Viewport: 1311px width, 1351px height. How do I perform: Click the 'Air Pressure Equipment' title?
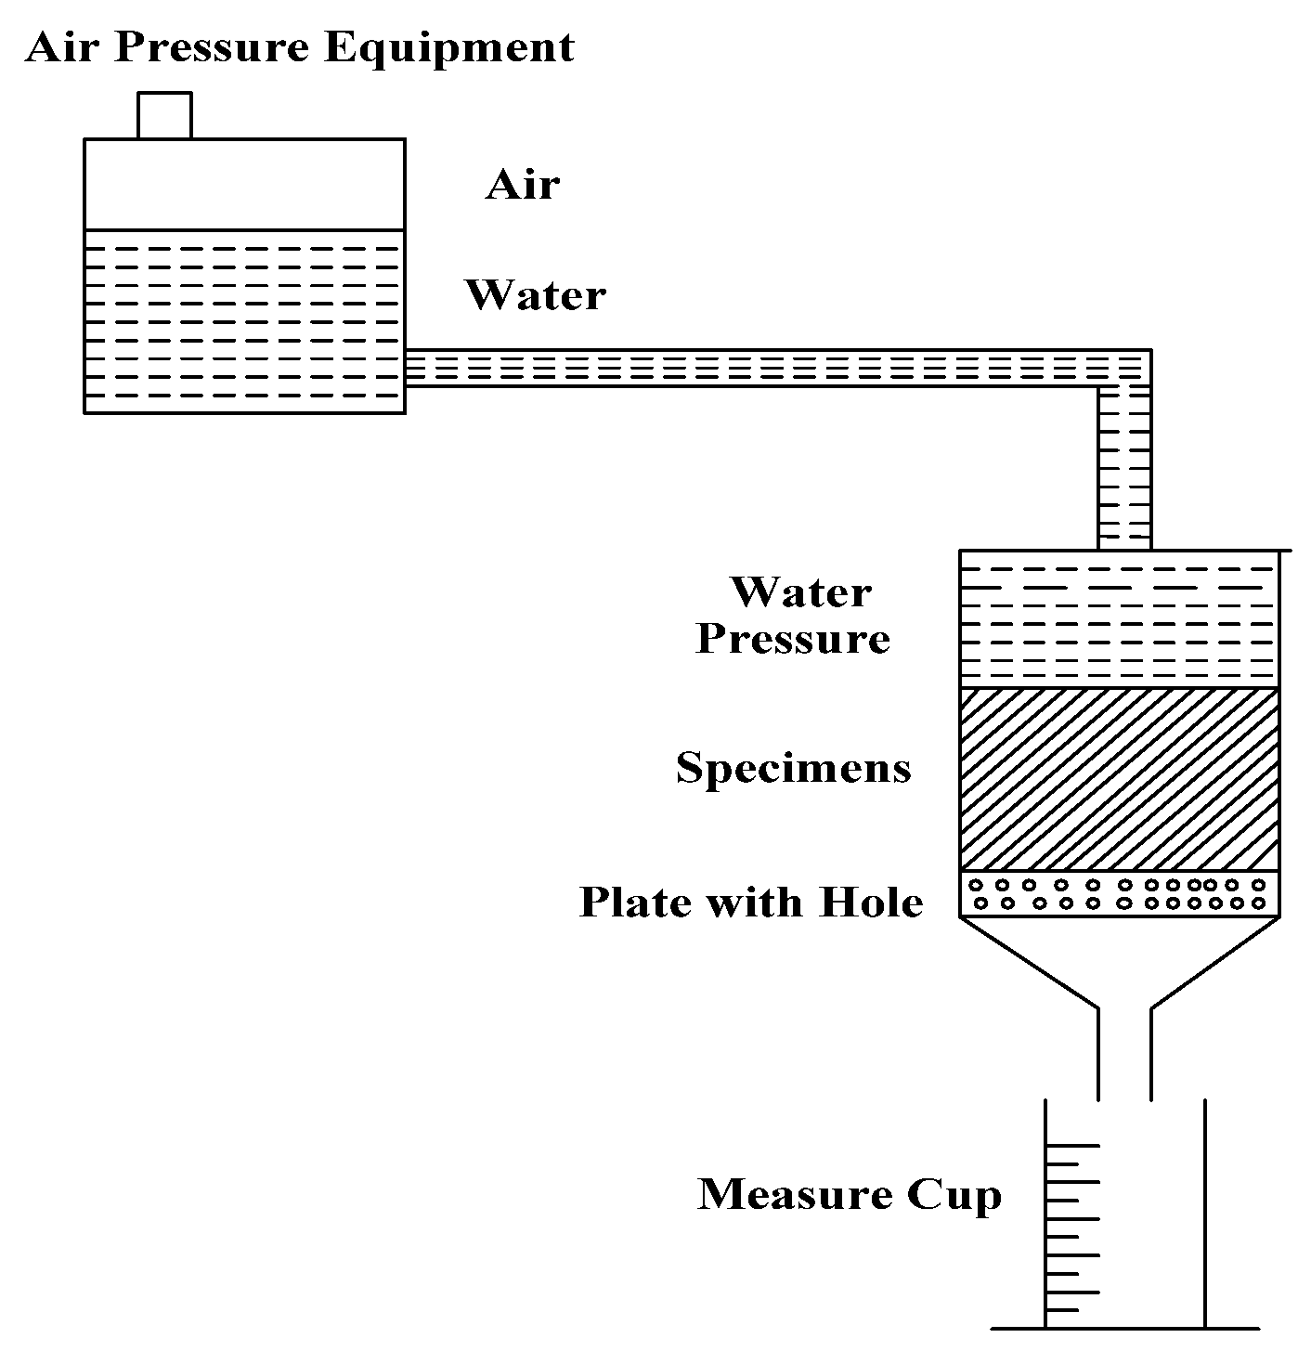[x=299, y=47]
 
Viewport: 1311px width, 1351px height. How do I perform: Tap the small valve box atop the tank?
[x=164, y=115]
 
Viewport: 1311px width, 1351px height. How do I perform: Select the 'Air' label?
[x=522, y=185]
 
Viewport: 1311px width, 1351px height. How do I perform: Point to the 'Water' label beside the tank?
[x=536, y=295]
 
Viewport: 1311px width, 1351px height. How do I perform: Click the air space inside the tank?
[x=244, y=184]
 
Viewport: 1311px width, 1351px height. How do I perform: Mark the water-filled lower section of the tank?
[x=244, y=320]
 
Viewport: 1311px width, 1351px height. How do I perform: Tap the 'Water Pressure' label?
[x=795, y=615]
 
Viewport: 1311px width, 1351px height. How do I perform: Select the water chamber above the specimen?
[x=1119, y=619]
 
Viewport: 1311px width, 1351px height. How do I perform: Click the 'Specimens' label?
[x=793, y=768]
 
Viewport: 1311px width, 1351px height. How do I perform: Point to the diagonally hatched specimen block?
[x=1119, y=779]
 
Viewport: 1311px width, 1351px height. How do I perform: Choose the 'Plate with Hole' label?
[x=751, y=902]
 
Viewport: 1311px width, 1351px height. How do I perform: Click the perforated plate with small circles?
[x=1119, y=894]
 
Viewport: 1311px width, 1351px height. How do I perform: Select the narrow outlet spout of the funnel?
[x=1125, y=1054]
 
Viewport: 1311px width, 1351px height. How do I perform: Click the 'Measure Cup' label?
[x=850, y=1194]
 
